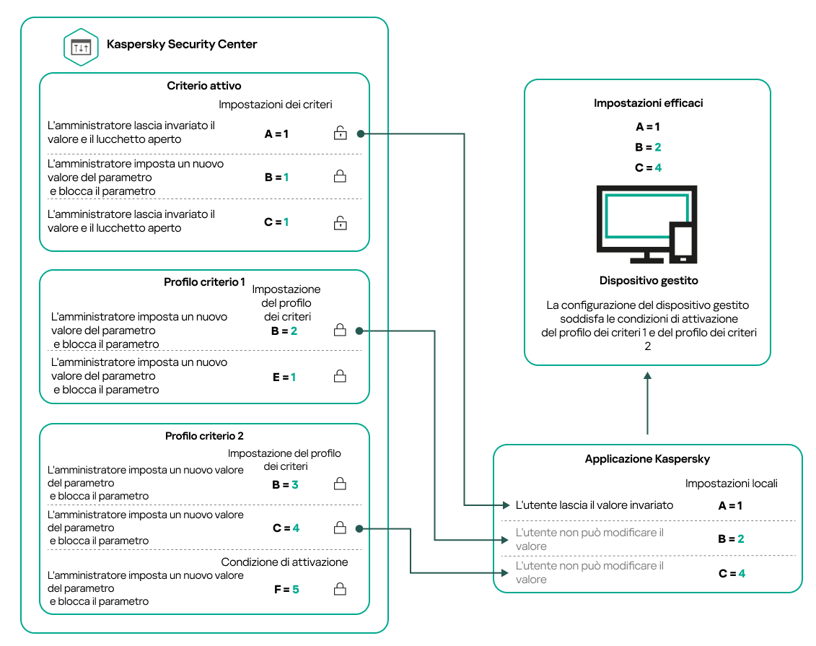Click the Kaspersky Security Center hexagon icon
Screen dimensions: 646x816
pyautogui.click(x=81, y=47)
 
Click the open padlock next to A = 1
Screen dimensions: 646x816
pyautogui.click(x=339, y=133)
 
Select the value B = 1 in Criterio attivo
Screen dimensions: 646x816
pyautogui.click(x=276, y=177)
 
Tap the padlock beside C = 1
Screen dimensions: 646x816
pyautogui.click(x=339, y=223)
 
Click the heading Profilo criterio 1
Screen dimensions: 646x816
pyautogui.click(x=205, y=282)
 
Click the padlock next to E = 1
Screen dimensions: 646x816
pyautogui.click(x=339, y=376)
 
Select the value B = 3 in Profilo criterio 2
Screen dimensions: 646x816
pyautogui.click(x=285, y=485)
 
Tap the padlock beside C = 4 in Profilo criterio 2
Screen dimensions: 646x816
pyautogui.click(x=339, y=528)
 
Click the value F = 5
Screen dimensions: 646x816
pyautogui.click(x=285, y=590)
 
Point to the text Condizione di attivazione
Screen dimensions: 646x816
pyautogui.click(x=284, y=562)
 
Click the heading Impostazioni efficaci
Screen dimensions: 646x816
pyautogui.click(x=648, y=103)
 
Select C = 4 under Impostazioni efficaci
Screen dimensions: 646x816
pyautogui.click(x=648, y=167)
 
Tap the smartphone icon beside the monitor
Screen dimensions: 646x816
pyautogui.click(x=683, y=243)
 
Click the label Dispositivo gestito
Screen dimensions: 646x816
pyautogui.click(x=648, y=281)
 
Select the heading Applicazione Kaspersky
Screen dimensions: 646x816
pyautogui.click(x=647, y=459)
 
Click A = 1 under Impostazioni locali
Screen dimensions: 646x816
pyautogui.click(x=730, y=506)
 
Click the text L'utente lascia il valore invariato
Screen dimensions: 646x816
pyautogui.click(x=595, y=505)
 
